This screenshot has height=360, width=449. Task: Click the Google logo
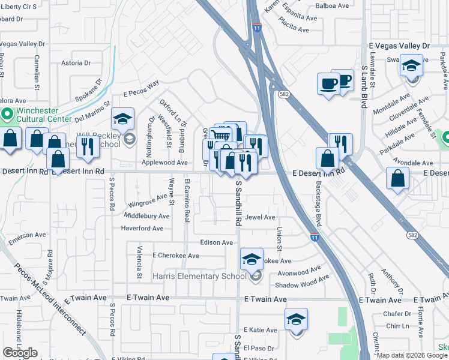pyautogui.click(x=20, y=353)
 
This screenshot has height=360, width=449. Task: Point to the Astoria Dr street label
pyautogui.click(x=75, y=62)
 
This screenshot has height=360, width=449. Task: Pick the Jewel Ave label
pyautogui.click(x=260, y=217)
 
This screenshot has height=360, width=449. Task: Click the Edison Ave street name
pyautogui.click(x=217, y=242)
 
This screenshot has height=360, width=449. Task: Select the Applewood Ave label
pyautogui.click(x=164, y=163)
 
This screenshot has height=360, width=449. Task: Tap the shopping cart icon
pyautogui.click(x=221, y=136)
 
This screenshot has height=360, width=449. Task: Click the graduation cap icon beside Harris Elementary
pyautogui.click(x=252, y=259)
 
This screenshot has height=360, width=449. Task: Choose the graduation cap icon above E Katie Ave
pyautogui.click(x=296, y=319)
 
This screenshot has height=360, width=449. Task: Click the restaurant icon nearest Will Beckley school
pyautogui.click(x=88, y=147)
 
